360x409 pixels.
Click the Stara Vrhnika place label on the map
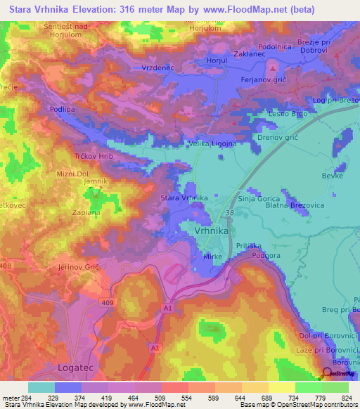tap(184, 199)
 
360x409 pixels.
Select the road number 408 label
tap(5, 266)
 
